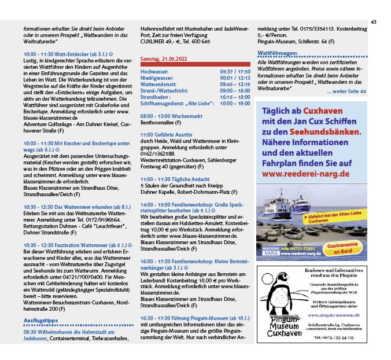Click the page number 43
coord(373,22)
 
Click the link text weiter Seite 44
coord(346,91)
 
